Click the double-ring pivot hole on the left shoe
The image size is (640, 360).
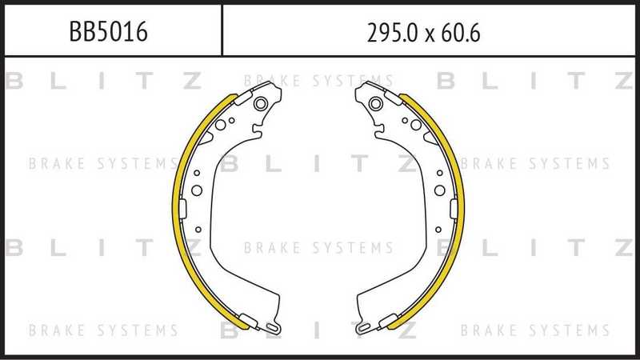259,103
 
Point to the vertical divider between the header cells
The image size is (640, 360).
221,29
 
